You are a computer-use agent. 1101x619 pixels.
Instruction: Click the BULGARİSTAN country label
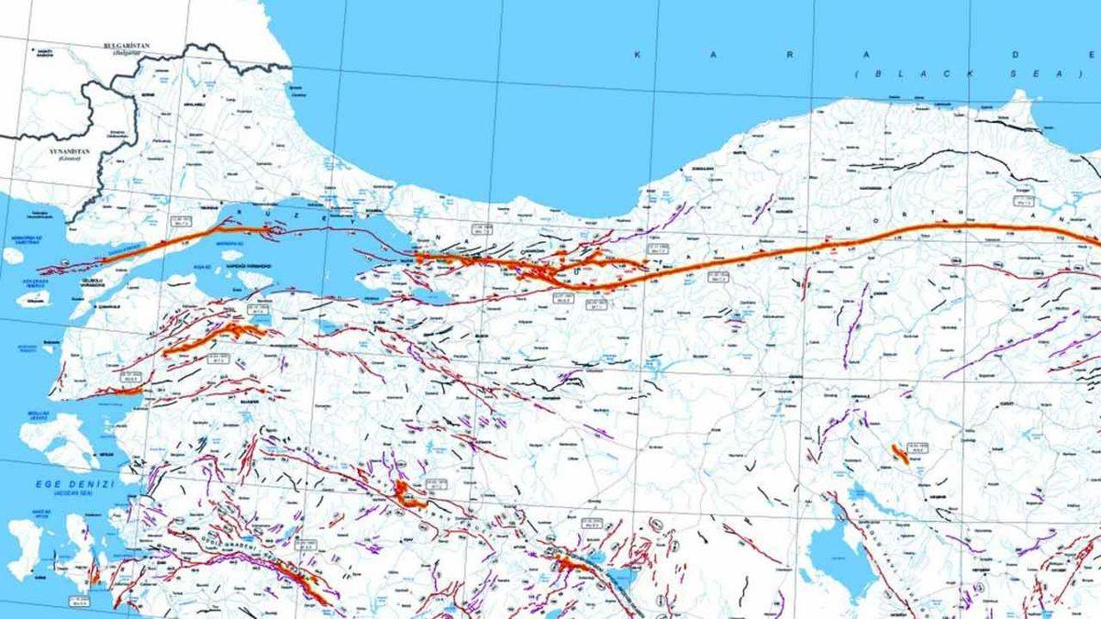click(x=127, y=45)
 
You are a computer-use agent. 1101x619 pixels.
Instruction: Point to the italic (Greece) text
click(x=69, y=159)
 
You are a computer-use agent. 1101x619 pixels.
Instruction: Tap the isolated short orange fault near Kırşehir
click(x=898, y=453)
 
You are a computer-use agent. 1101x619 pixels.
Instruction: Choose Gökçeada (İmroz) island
click(x=34, y=298)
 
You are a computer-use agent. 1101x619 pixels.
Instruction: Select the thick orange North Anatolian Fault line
click(x=826, y=244)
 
